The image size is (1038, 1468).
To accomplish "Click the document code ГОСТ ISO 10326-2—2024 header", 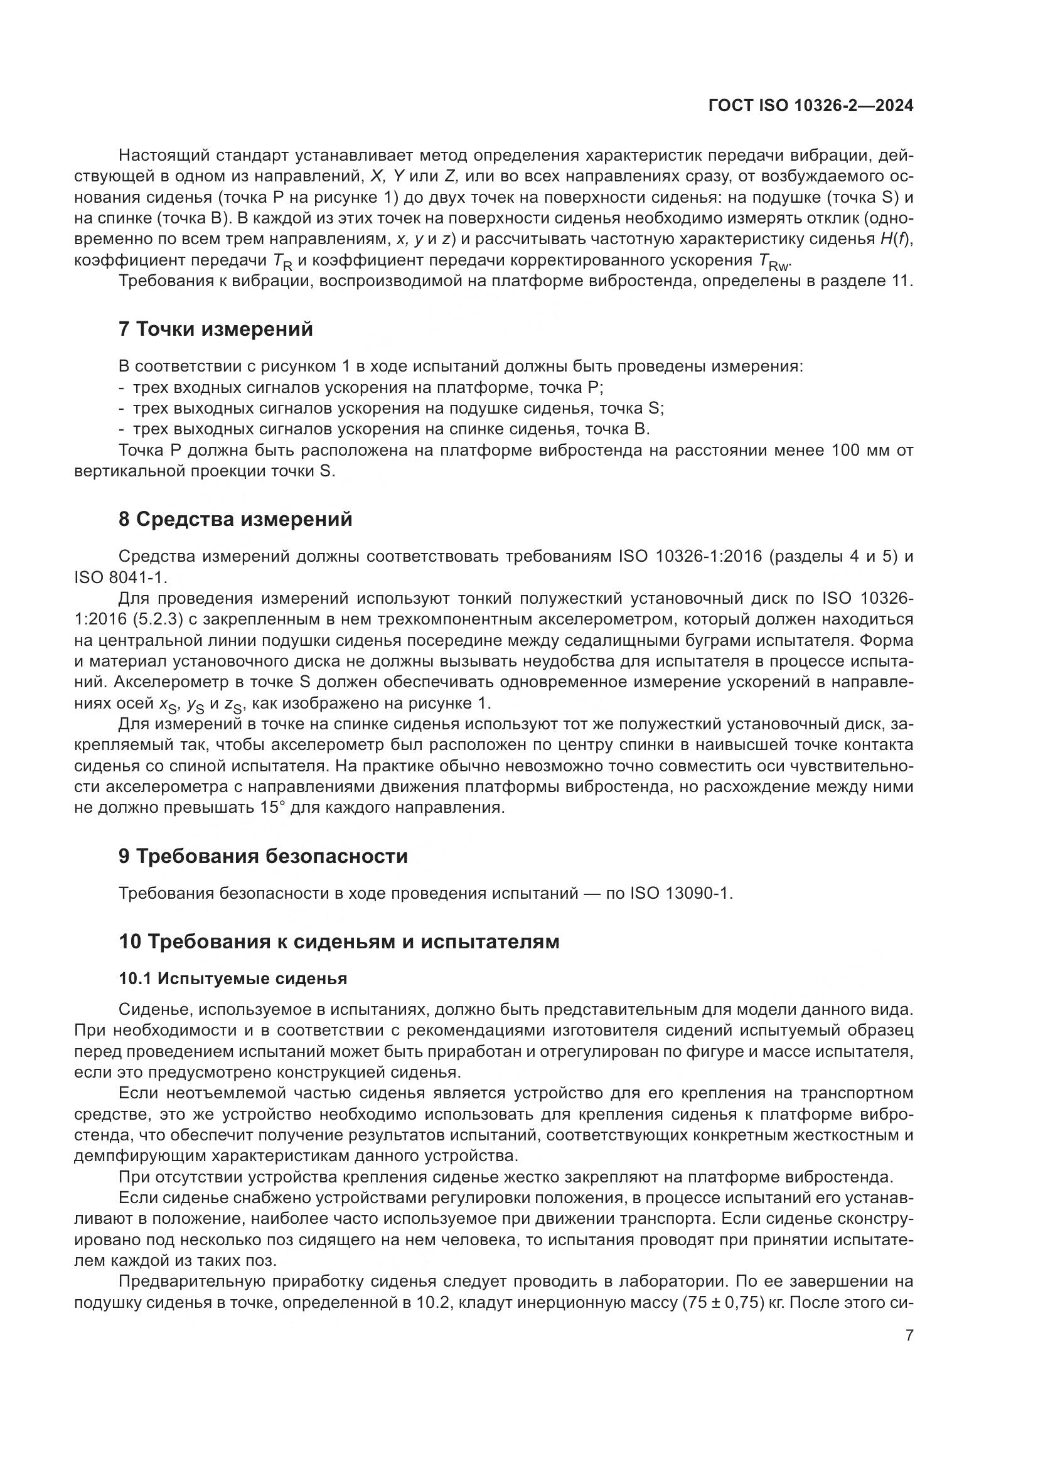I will [x=810, y=106].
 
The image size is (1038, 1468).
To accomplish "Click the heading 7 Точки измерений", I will [x=216, y=329].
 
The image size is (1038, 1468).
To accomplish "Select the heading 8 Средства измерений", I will [x=235, y=519].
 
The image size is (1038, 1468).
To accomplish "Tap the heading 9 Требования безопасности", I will [x=263, y=855].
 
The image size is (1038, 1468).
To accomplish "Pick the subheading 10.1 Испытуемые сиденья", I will [x=233, y=979].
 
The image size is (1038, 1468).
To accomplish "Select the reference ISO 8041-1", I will [x=120, y=577].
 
